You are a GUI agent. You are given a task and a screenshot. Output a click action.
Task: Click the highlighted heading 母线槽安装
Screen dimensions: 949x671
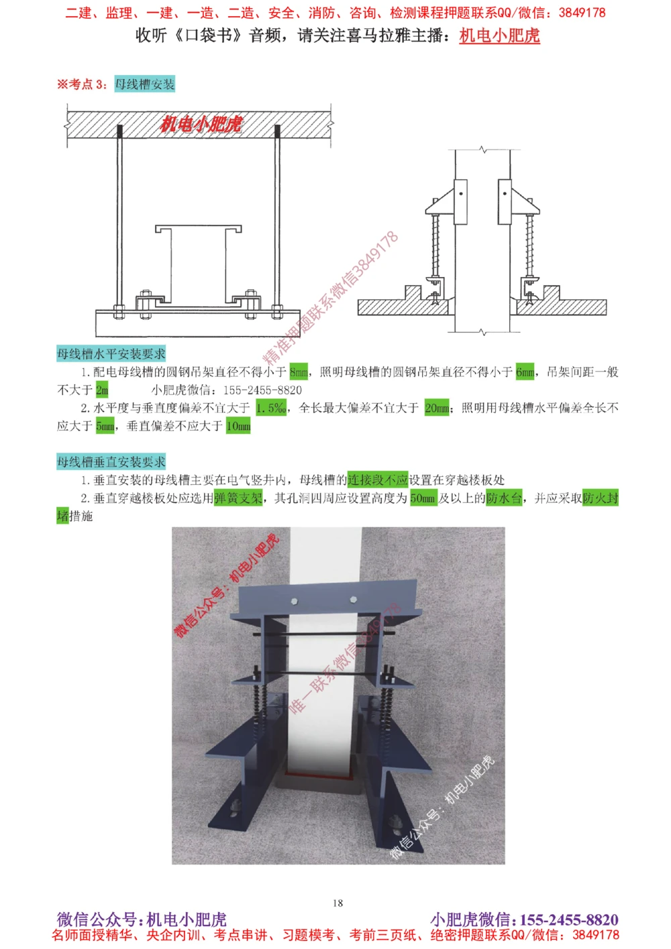point(144,85)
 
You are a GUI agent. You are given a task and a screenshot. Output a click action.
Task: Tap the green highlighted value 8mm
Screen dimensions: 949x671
point(299,372)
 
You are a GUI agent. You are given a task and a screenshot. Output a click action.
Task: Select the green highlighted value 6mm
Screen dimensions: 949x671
point(525,372)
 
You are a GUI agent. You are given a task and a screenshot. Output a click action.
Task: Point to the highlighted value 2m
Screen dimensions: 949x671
point(102,390)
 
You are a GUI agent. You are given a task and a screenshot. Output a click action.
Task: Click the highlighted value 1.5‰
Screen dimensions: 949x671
point(271,408)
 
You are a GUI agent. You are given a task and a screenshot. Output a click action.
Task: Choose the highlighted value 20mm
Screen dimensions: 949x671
point(437,408)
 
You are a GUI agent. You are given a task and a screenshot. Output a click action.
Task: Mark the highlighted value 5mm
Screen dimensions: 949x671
point(105,426)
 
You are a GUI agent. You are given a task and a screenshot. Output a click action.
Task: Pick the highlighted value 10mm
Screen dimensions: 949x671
point(238,426)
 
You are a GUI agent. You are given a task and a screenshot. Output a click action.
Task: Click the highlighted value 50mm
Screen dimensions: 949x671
point(423,498)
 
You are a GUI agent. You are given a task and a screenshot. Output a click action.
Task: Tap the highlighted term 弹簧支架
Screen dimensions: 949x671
point(238,498)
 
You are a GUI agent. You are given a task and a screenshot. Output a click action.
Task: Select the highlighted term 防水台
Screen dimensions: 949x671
point(504,498)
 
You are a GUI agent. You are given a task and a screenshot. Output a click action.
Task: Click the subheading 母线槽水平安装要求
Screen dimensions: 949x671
point(111,354)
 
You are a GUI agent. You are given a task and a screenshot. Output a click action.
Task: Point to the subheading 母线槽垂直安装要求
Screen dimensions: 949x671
point(111,462)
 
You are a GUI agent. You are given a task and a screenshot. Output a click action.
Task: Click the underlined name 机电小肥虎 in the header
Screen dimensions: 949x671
point(499,36)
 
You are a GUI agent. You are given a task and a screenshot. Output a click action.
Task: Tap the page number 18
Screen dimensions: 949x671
point(338,903)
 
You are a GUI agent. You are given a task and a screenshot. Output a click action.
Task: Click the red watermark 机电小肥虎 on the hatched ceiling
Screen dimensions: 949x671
point(201,124)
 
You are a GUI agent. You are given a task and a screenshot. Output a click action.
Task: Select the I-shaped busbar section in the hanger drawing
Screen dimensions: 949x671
point(198,265)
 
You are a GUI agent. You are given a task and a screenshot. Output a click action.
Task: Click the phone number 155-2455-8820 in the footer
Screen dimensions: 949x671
point(569,919)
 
